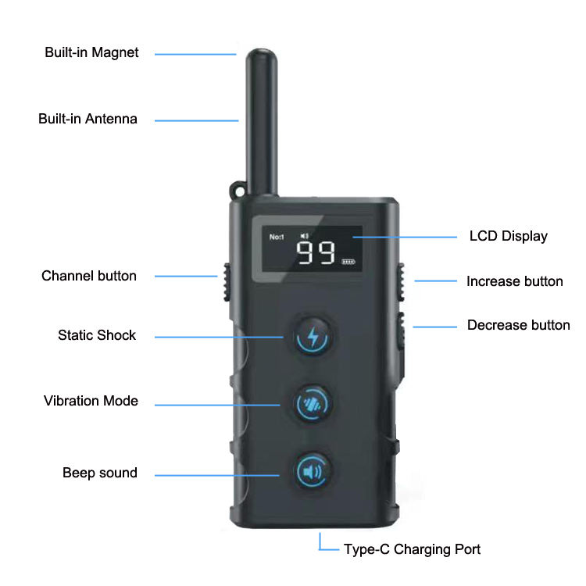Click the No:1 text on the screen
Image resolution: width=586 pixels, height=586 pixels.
click(277, 237)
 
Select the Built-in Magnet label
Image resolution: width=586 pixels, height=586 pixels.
click(91, 53)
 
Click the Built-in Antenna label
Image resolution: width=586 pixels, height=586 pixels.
click(88, 120)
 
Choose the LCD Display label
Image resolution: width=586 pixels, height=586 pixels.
click(508, 236)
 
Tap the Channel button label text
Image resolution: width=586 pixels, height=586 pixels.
click(88, 276)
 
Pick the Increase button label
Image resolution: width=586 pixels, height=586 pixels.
click(514, 281)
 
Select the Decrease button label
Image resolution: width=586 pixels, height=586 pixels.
click(518, 325)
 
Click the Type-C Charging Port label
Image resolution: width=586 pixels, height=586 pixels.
click(412, 549)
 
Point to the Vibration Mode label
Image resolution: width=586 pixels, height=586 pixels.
click(91, 401)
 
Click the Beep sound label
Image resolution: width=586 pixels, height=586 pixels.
click(99, 473)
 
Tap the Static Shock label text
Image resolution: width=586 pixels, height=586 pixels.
click(97, 335)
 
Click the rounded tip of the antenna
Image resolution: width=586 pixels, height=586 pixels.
click(260, 56)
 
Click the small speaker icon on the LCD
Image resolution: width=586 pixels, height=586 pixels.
click(305, 235)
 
